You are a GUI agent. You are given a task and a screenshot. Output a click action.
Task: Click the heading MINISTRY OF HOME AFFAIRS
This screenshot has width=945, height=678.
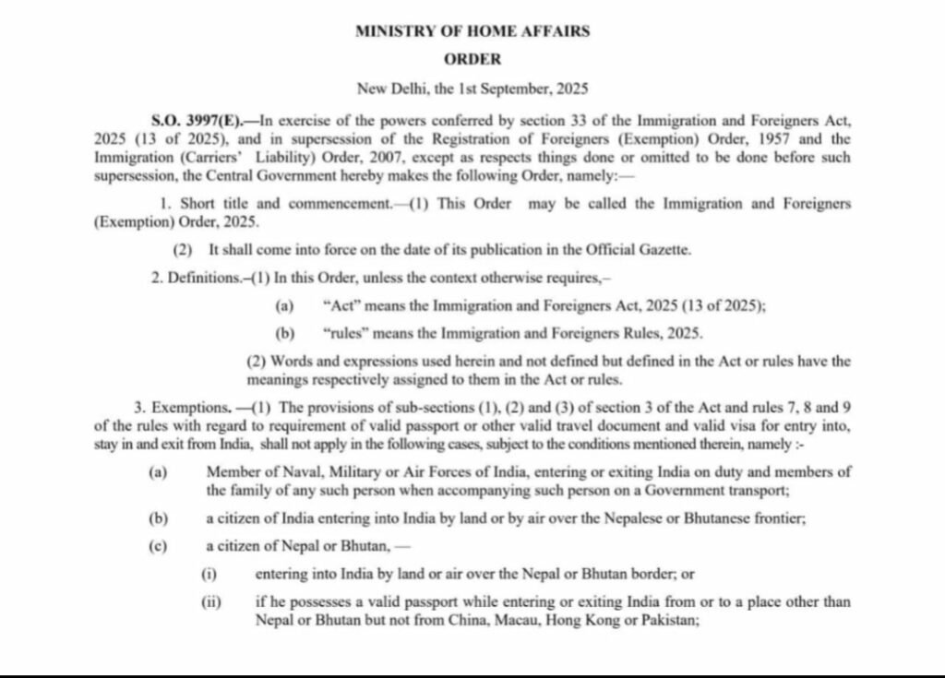point(472,30)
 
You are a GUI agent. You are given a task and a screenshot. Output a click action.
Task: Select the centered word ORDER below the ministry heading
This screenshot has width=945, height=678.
point(472,59)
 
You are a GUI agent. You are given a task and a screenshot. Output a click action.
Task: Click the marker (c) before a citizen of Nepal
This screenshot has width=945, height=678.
point(158,545)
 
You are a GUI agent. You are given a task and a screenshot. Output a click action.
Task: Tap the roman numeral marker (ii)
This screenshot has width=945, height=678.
point(211,601)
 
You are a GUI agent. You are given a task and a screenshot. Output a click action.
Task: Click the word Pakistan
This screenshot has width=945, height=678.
point(668,621)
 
